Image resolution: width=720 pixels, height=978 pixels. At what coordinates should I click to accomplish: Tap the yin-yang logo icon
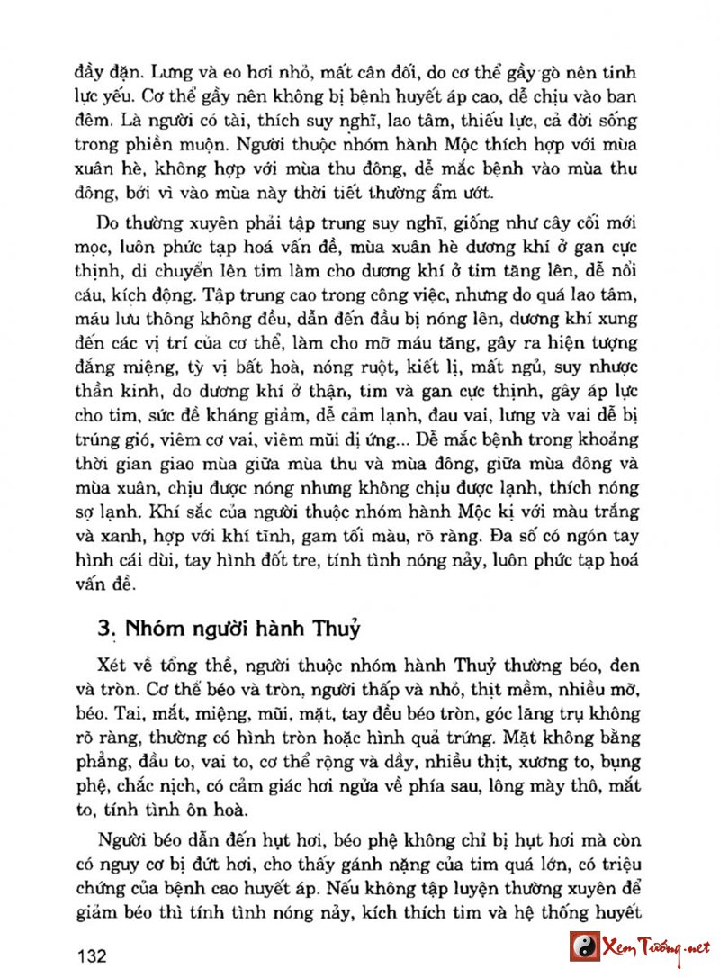tap(585, 946)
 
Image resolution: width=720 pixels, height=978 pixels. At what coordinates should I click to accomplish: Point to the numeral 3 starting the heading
tap(103, 629)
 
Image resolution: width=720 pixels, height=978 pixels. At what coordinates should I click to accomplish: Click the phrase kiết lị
tap(455, 367)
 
